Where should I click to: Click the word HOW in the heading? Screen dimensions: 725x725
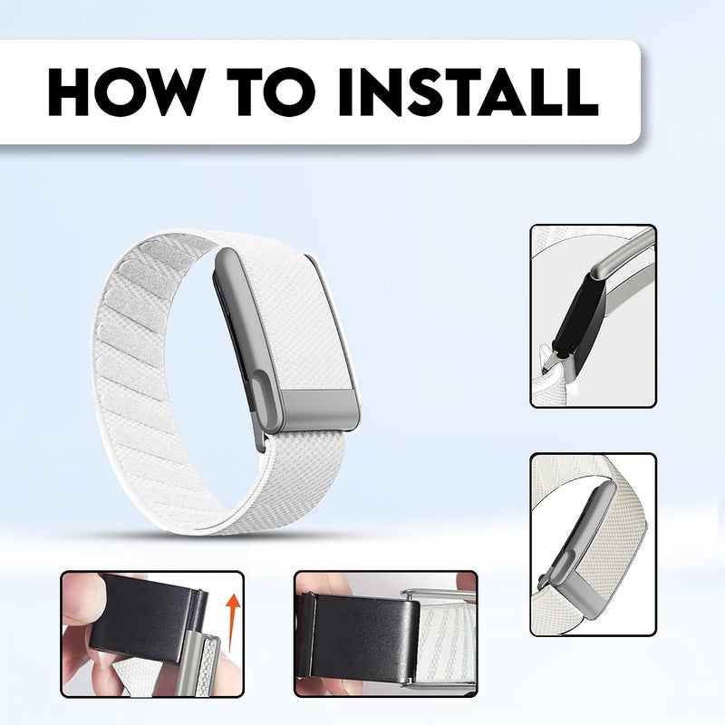tap(127, 92)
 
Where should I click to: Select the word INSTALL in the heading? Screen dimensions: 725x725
tap(469, 92)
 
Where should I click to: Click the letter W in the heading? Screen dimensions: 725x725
tap(176, 92)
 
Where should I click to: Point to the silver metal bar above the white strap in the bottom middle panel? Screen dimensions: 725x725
tap(440, 594)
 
